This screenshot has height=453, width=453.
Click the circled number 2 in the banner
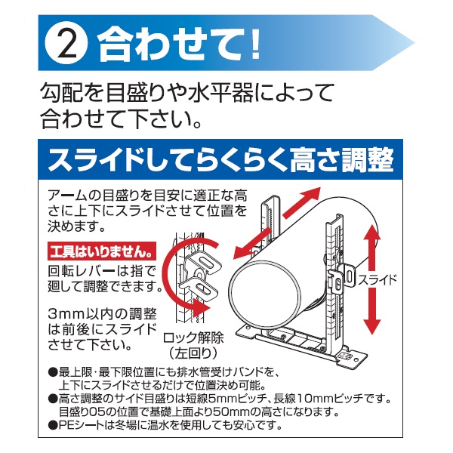[66, 43]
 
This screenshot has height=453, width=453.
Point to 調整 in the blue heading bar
[368, 160]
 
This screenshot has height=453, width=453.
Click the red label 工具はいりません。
[101, 251]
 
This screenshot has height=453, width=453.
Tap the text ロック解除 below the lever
[193, 338]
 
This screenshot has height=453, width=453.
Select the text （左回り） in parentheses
[193, 353]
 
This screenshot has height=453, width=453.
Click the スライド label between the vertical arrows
[377, 279]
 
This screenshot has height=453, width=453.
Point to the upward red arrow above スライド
[371, 248]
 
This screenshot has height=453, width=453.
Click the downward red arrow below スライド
[371, 311]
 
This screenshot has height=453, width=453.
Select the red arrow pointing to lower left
[252, 243]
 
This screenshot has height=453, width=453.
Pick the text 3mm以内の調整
[102, 314]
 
